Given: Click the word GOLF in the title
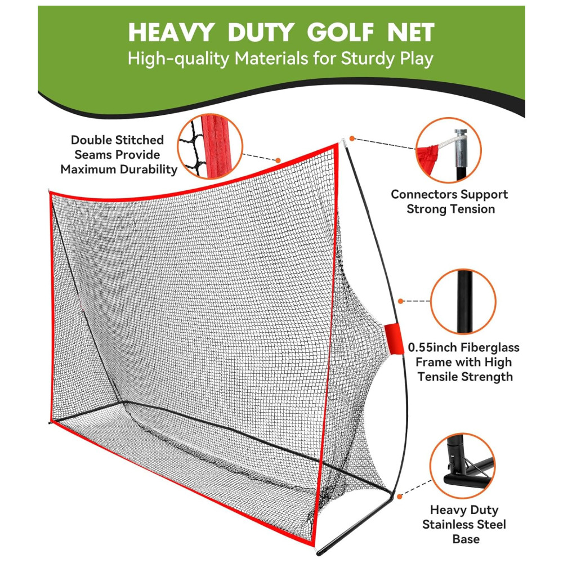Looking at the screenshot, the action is click(x=340, y=32).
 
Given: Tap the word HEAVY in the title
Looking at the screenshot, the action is click(x=171, y=32).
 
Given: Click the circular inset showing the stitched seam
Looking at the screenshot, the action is click(x=211, y=146).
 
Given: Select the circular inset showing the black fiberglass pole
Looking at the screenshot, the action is click(x=463, y=302).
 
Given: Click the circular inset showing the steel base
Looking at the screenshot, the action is click(x=463, y=466).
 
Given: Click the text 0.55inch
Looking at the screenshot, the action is click(x=432, y=347).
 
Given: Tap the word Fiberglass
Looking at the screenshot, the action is click(x=490, y=347).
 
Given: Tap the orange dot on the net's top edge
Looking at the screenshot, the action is click(x=278, y=160).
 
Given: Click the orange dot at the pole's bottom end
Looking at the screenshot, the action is click(x=400, y=497).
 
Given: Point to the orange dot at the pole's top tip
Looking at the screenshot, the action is click(x=352, y=138).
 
